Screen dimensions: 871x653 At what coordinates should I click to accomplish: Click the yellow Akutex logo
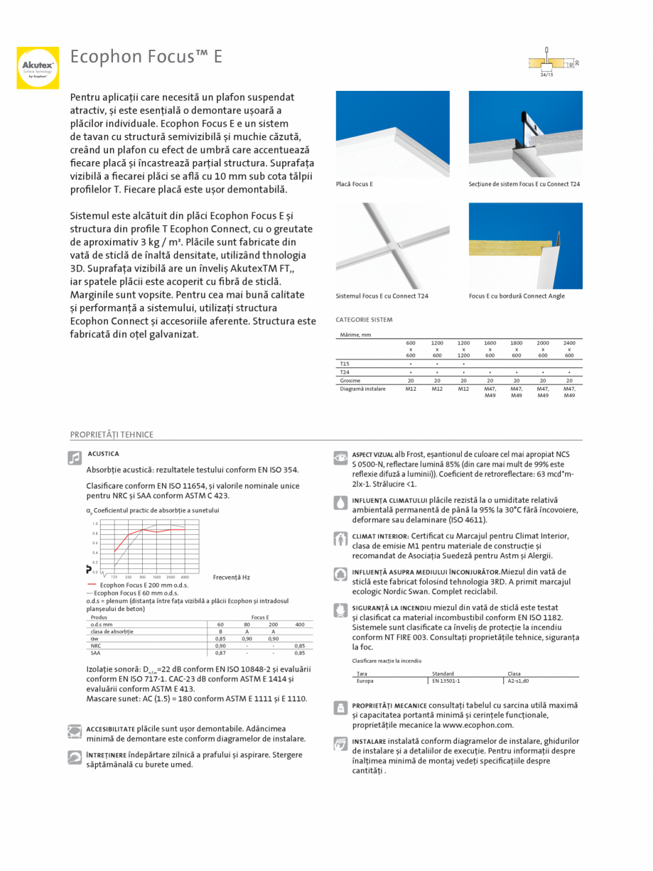[38, 67]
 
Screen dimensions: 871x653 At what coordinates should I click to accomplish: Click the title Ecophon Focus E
[146, 57]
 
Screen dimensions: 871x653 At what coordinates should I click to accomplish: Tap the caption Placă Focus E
[355, 184]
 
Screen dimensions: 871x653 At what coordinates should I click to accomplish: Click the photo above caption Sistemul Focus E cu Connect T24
[392, 246]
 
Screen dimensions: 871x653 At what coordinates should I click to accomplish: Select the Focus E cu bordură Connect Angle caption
[517, 296]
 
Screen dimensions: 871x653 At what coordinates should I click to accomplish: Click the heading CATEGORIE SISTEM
[364, 320]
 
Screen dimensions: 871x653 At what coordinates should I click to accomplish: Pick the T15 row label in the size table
[345, 363]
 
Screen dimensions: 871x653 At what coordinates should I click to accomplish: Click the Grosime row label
[350, 380]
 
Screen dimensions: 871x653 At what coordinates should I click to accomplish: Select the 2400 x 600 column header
[569, 349]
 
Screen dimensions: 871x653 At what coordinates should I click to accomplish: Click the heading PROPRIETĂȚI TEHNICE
[112, 435]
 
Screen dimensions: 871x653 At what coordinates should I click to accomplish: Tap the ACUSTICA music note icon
[75, 458]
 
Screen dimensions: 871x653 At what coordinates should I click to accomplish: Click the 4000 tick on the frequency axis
[185, 577]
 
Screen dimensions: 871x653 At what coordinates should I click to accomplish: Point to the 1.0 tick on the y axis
[95, 524]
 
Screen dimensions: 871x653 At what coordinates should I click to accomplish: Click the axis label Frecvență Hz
[232, 578]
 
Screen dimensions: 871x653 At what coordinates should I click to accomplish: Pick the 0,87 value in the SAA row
[220, 652]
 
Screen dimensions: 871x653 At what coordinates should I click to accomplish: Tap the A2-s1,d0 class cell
[519, 681]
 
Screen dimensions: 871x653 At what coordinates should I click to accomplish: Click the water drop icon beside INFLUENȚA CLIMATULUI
[340, 502]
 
